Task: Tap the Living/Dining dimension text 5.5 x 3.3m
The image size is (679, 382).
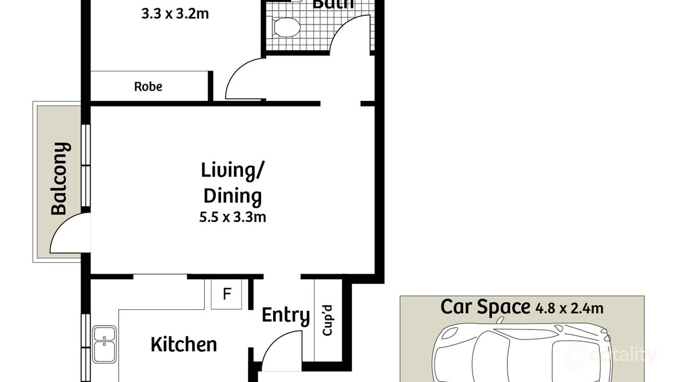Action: click(232, 217)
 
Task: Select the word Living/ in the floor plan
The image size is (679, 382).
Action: click(232, 171)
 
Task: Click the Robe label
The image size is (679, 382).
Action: click(148, 86)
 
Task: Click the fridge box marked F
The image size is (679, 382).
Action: click(227, 294)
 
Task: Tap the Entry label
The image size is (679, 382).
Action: click(285, 315)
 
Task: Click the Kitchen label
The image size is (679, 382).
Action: click(184, 344)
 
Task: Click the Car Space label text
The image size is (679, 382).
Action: click(485, 307)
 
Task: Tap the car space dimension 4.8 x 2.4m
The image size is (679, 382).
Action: click(569, 308)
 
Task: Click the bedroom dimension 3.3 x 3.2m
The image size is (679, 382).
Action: click(175, 14)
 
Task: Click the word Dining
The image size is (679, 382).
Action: click(232, 196)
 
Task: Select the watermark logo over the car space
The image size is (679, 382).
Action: click(610, 354)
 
